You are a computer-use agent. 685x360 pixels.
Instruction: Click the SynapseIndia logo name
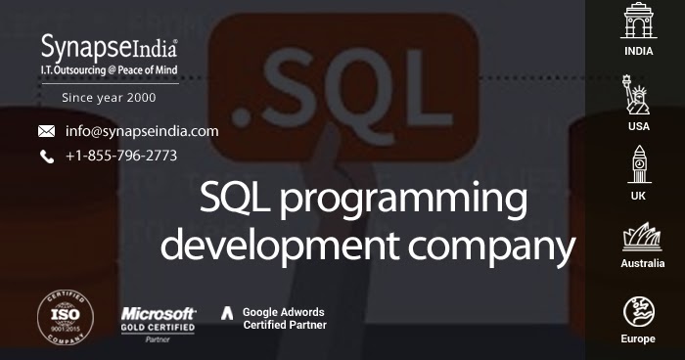click(x=109, y=45)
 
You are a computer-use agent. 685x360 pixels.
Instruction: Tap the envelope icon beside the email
click(x=46, y=131)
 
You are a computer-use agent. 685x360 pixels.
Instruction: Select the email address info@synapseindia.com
click(x=142, y=131)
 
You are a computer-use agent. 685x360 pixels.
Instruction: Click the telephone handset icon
click(x=46, y=157)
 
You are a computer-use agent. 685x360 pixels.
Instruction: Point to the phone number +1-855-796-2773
click(x=121, y=156)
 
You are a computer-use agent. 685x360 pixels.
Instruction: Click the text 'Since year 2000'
click(x=109, y=98)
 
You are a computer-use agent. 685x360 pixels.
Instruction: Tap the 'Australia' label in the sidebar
click(x=643, y=263)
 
